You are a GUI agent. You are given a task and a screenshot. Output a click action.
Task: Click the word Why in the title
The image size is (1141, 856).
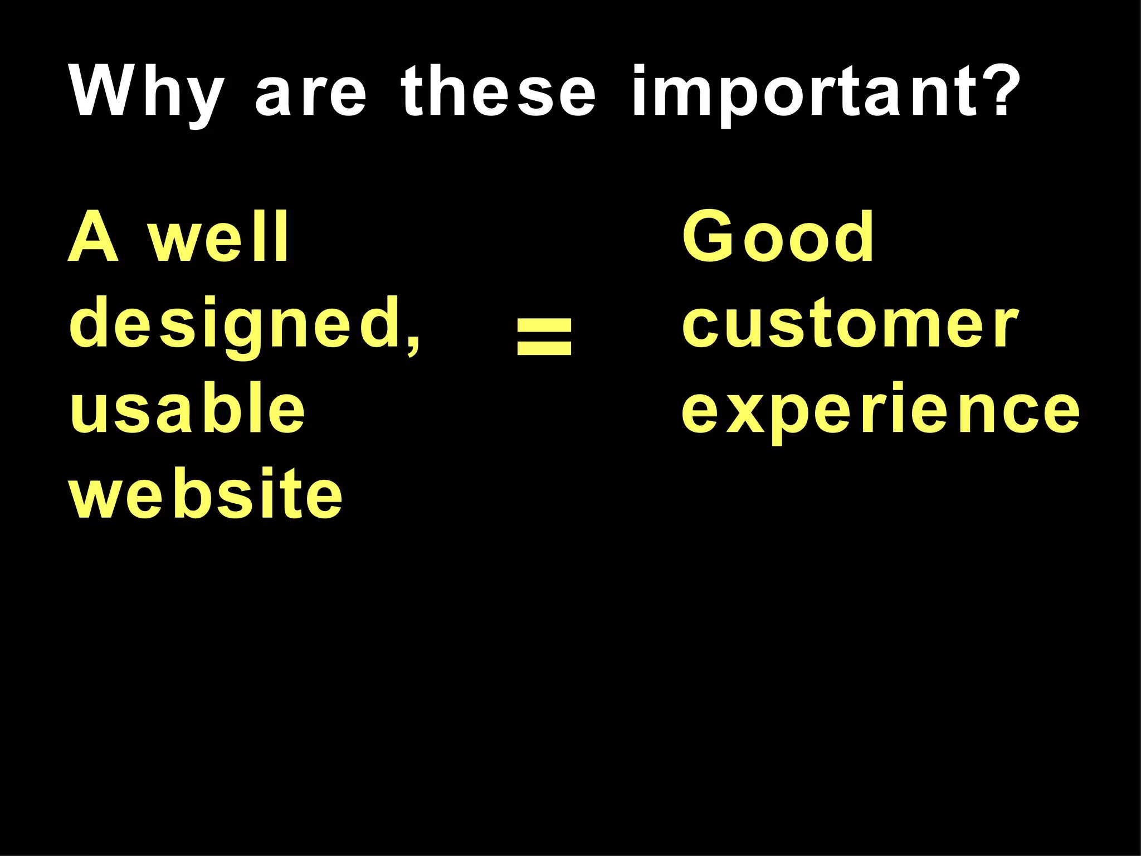pyautogui.click(x=146, y=92)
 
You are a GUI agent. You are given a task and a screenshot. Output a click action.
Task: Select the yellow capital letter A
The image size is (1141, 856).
pyautogui.click(x=93, y=237)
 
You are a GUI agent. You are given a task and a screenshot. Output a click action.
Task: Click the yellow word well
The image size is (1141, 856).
pyautogui.click(x=218, y=237)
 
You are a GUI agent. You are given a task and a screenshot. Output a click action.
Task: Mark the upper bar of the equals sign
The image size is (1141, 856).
pyautogui.click(x=544, y=323)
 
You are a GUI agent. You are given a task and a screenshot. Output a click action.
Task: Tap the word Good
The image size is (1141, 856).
pyautogui.click(x=778, y=237)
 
